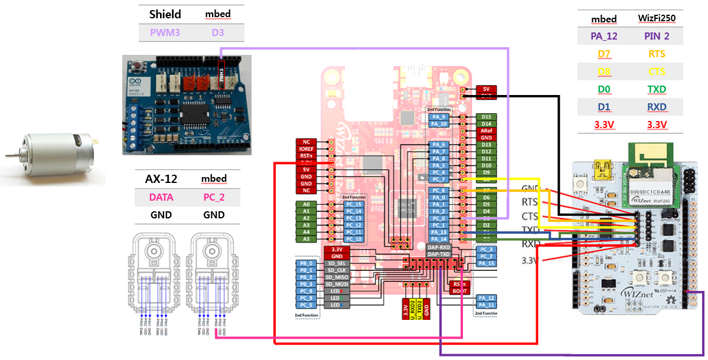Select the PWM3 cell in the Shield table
(165, 32)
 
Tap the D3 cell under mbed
(218, 32)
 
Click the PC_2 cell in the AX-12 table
(214, 197)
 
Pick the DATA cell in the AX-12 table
(161, 197)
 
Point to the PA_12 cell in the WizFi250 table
(603, 37)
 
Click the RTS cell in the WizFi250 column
(657, 54)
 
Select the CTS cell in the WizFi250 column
(657, 72)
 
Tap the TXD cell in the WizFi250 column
(657, 90)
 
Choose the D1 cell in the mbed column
(603, 107)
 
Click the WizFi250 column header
(657, 18)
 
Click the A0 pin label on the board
(306, 204)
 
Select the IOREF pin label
(306, 149)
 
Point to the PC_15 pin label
(354, 204)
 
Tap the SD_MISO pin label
(337, 277)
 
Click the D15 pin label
(487, 117)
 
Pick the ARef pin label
(487, 130)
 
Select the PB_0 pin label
(306, 263)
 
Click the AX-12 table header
(161, 179)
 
